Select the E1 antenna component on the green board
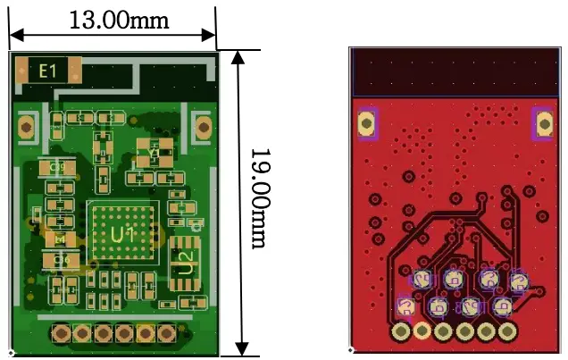[x=47, y=70]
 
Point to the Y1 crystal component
[x=155, y=153]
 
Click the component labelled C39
[x=56, y=166]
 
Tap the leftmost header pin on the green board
[x=61, y=333]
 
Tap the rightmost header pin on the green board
[x=166, y=333]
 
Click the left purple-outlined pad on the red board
[x=366, y=122]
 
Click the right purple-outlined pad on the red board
[x=542, y=122]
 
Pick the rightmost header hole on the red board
[x=507, y=332]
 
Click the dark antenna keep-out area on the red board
[x=454, y=71]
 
